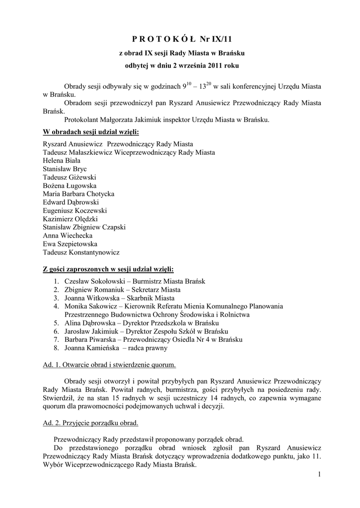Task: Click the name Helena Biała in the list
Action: click(62, 160)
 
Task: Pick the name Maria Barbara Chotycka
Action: click(79, 194)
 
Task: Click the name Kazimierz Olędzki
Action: click(71, 219)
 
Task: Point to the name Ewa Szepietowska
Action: click(70, 244)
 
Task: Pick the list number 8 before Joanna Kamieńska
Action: click(56, 348)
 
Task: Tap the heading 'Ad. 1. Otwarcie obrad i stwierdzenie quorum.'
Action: click(110, 365)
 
